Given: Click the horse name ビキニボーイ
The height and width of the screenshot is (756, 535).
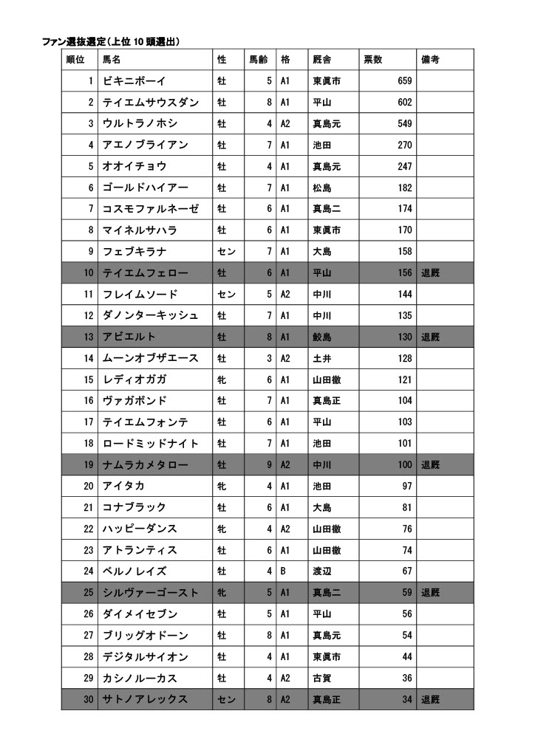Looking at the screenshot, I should tap(134, 80).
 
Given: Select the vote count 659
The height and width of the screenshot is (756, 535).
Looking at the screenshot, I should tap(404, 80).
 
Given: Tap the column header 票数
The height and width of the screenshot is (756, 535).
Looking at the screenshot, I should tap(372, 59).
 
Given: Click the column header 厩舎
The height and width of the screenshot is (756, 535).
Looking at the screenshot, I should tap(321, 59).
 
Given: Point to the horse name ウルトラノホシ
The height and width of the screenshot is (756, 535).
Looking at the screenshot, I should tap(140, 123).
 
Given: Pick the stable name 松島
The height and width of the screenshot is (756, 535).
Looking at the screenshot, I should tap(321, 188).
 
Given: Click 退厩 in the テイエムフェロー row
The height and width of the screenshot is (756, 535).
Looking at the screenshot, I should tap(430, 273).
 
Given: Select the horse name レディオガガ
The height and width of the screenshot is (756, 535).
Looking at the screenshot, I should tap(134, 379).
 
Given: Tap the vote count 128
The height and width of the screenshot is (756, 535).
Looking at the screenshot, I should tap(404, 358).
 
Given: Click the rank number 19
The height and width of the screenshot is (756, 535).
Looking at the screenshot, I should tap(88, 465).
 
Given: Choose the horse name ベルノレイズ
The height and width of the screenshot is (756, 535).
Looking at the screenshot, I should tap(134, 571).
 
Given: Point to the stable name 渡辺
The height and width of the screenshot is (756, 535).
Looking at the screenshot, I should tap(321, 571).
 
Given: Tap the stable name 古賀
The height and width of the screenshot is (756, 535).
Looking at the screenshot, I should tap(321, 678).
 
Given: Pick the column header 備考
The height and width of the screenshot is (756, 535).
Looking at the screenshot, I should tap(430, 59).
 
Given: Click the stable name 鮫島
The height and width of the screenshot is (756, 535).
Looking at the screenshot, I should tap(321, 337).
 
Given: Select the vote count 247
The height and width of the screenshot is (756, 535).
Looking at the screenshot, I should tap(404, 166).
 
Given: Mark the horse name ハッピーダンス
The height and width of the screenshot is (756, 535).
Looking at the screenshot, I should tap(140, 529).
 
